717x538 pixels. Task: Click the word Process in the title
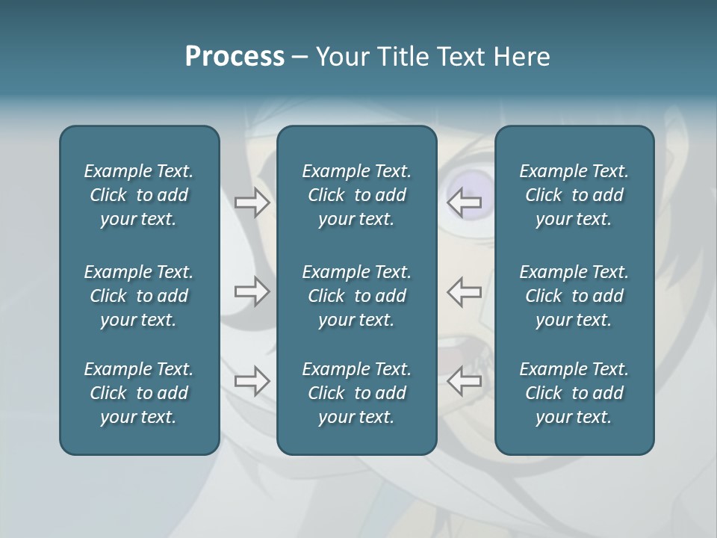[x=235, y=57]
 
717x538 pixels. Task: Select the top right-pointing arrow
[x=252, y=202]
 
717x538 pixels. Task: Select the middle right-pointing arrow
[x=252, y=291]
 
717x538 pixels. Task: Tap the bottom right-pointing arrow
[x=252, y=381]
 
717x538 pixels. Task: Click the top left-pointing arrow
[x=465, y=202]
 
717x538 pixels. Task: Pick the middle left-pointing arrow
[x=465, y=291]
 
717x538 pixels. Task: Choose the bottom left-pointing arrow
[x=465, y=381]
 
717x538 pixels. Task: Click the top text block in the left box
[x=139, y=195]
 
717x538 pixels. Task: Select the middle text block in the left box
[x=139, y=296]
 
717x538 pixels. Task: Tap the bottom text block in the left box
[x=139, y=393]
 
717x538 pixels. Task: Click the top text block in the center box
[x=356, y=195]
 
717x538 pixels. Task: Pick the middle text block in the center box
[x=356, y=296]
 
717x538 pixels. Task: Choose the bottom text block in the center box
[x=356, y=393]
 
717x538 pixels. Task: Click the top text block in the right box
[x=574, y=195]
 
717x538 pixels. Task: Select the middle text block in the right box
[x=574, y=296]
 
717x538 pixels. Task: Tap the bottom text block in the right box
[x=574, y=393]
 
